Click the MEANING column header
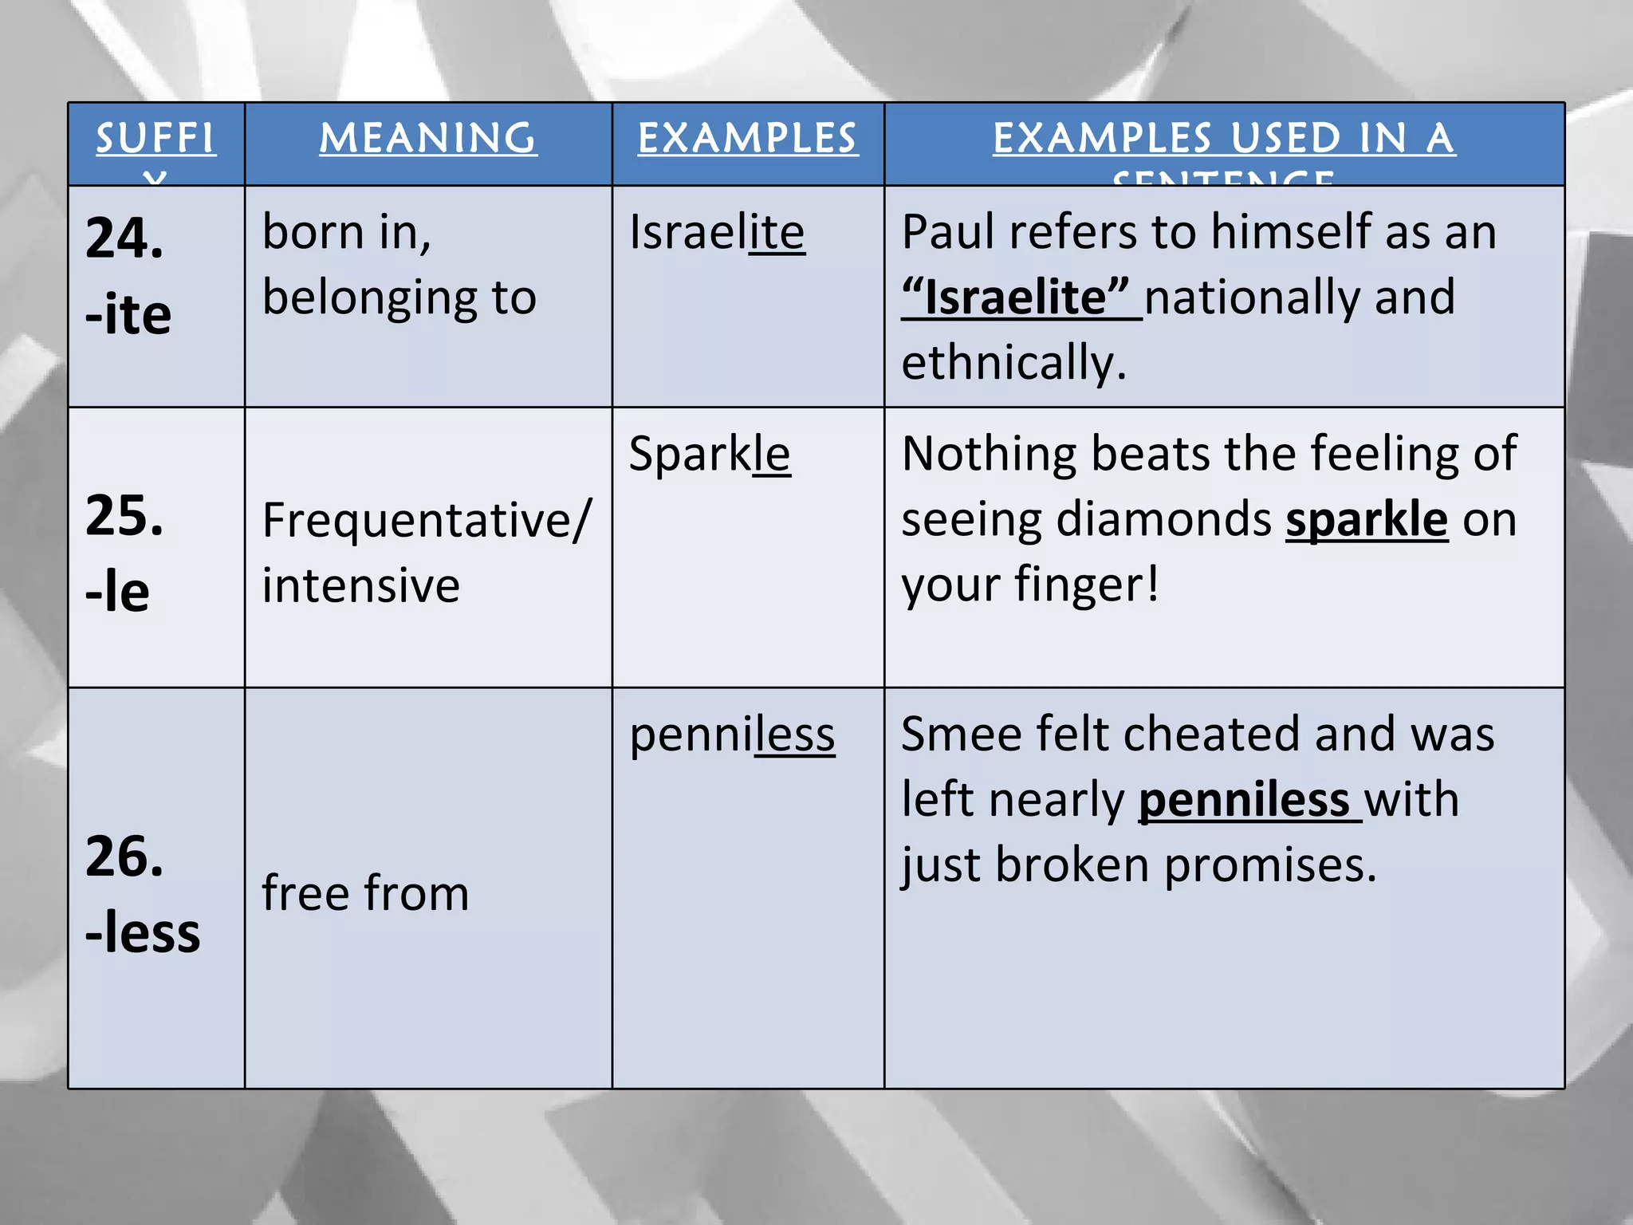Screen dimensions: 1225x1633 428,139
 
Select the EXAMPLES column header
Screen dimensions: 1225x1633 747,139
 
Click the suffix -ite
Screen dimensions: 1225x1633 128,314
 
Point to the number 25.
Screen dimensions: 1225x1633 124,515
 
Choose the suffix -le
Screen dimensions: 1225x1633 117,592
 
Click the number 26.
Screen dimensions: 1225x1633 124,857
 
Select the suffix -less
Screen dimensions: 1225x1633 143,932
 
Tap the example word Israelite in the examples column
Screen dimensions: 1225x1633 717,233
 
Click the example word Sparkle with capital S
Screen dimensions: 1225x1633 710,455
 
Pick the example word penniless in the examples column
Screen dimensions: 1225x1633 732,735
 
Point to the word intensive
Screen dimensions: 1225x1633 361,586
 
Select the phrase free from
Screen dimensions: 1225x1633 365,892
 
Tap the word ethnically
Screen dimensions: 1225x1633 1013,363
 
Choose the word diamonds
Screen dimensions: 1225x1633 1166,521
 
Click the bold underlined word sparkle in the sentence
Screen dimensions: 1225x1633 1366,521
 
